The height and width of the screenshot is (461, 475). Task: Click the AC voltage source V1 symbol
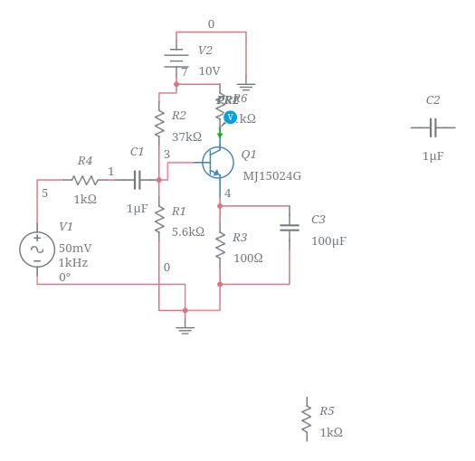[x=37, y=249]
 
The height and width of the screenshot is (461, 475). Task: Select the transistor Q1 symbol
[x=218, y=163]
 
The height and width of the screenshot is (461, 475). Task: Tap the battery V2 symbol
[x=176, y=58]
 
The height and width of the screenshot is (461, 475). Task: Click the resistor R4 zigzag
[x=85, y=180]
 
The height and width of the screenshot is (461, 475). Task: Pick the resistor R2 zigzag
[x=159, y=122]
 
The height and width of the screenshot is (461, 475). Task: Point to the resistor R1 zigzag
[x=159, y=218]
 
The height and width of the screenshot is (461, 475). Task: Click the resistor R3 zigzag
[x=220, y=245]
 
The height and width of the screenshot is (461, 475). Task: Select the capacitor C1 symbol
[x=137, y=180]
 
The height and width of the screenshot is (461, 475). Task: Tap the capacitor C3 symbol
[x=290, y=227]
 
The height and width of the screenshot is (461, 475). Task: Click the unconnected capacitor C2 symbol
[x=432, y=127]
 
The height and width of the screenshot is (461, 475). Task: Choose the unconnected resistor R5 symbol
[x=307, y=419]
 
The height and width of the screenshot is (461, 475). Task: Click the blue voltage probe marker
[x=230, y=118]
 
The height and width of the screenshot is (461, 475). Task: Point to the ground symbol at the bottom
[x=185, y=328]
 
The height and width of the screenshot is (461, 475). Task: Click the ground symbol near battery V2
[x=245, y=88]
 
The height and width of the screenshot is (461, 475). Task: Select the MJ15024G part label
[x=271, y=177]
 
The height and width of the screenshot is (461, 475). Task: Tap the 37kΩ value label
[x=186, y=137]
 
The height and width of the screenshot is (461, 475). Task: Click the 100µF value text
[x=328, y=242]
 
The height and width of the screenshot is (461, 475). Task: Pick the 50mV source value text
[x=75, y=249]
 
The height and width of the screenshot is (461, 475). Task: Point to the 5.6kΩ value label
[x=188, y=232]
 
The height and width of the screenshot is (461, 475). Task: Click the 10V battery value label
[x=209, y=72]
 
